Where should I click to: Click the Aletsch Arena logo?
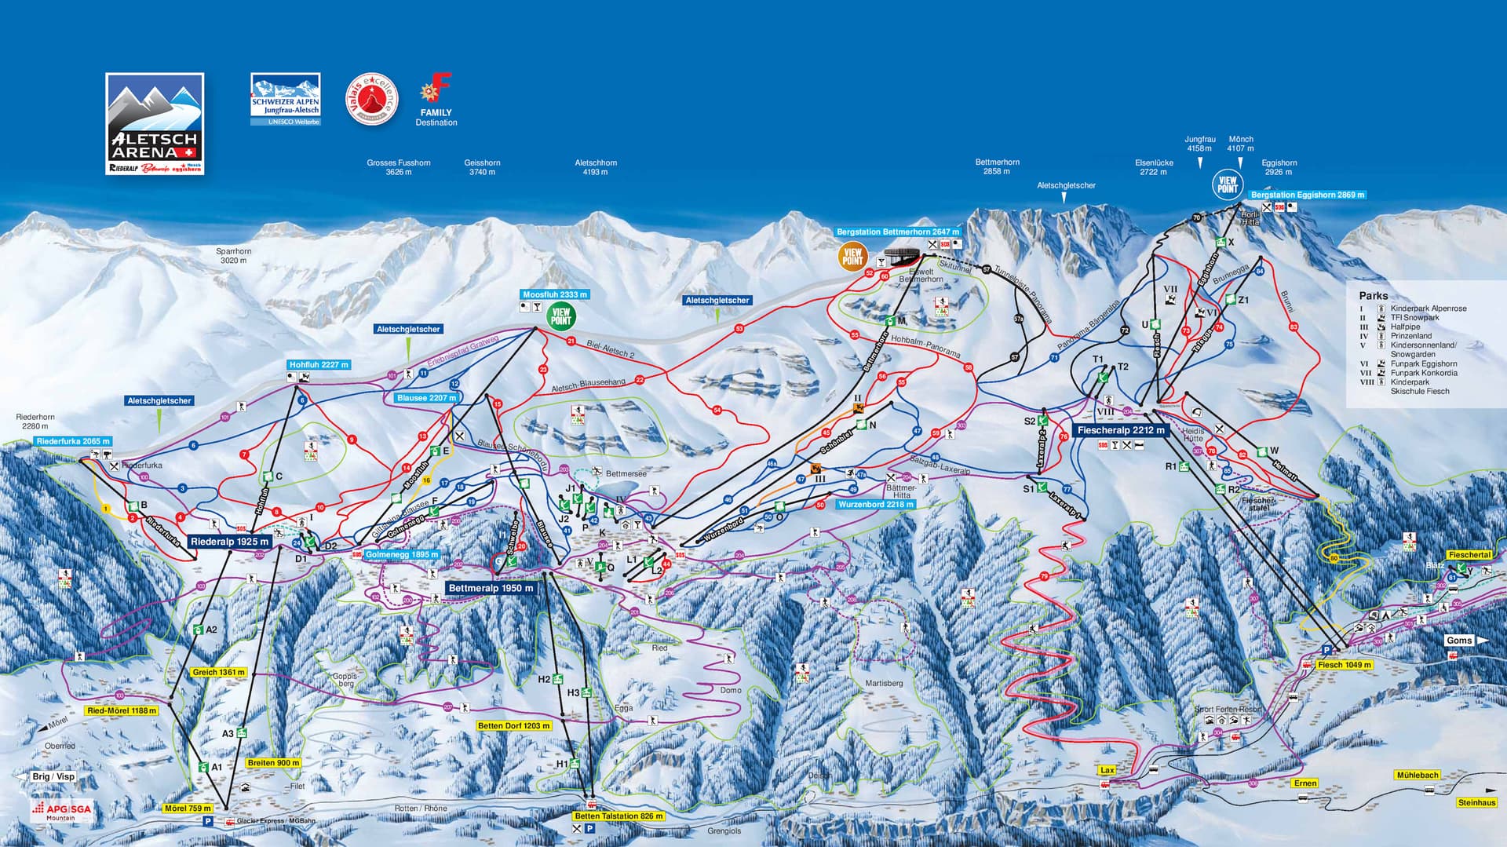155,123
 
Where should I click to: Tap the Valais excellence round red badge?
372,100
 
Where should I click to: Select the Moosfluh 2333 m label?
554,294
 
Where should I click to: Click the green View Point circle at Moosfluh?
561,316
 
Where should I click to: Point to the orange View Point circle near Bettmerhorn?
852,257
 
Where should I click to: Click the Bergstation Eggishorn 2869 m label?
1308,195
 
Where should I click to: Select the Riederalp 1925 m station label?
230,542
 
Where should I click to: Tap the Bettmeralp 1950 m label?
491,588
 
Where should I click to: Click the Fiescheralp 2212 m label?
1121,430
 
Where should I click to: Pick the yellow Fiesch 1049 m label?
1345,665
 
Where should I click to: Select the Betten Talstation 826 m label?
618,816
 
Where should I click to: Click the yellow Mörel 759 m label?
188,808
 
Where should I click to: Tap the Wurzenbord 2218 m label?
876,504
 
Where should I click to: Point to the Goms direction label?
1459,641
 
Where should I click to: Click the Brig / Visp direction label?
53,776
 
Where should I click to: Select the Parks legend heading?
1373,296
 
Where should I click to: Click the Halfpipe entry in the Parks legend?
1405,327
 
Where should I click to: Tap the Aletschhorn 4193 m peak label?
596,167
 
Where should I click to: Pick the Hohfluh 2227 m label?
319,365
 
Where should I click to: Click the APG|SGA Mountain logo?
61,811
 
